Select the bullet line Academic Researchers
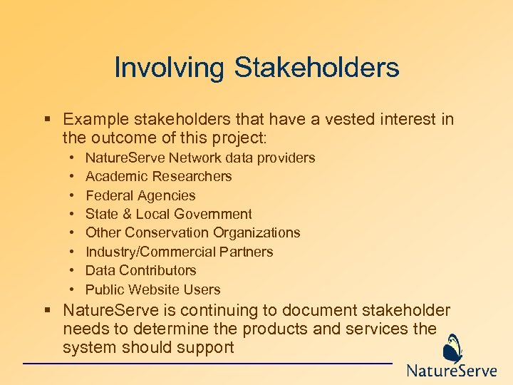158,176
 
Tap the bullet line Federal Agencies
140,195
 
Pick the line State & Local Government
168,214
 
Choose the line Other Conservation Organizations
192,232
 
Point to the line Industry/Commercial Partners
179,252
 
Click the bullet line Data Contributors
140,270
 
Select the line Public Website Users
152,289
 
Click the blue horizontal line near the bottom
207,364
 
